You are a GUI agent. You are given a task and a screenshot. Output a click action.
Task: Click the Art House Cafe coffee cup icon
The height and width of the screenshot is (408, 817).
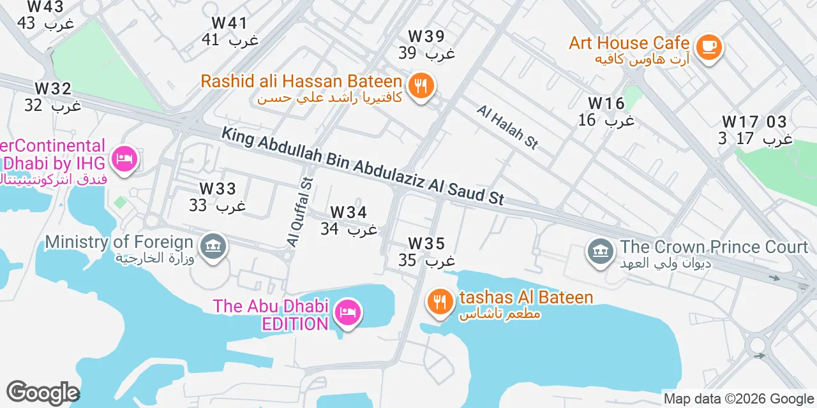click(708, 47)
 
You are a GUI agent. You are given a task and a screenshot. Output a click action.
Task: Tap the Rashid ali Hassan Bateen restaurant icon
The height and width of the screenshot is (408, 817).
click(420, 85)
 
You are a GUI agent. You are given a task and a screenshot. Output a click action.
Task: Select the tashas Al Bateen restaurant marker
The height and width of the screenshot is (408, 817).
click(439, 301)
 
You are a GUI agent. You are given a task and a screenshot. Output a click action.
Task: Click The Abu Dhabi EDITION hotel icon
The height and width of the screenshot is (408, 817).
click(349, 312)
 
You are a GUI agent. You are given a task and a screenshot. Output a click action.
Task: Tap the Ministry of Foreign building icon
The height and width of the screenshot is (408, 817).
click(213, 245)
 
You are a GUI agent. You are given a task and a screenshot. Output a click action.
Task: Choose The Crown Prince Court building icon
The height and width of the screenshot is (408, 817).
click(600, 251)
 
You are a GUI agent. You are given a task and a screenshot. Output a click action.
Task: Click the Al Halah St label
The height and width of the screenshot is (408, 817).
click(507, 127)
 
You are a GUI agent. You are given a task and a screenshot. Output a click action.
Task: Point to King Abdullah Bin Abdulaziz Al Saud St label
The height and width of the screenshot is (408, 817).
click(363, 165)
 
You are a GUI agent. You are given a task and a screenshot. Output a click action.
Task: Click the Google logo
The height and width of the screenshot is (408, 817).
click(43, 393)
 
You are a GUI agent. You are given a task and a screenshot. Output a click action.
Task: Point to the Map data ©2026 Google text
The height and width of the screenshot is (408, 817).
click(738, 399)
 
